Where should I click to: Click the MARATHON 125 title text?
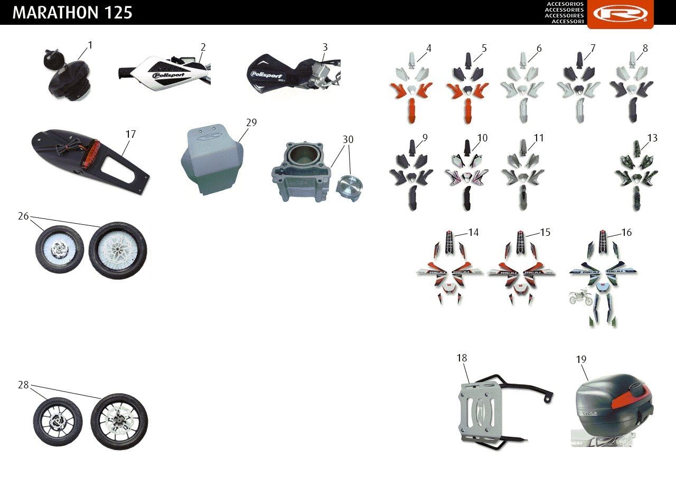click(x=72, y=13)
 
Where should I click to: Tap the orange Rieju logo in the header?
click(x=621, y=14)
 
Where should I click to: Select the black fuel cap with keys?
click(x=67, y=75)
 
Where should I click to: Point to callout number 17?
click(x=130, y=134)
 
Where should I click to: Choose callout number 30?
click(x=348, y=139)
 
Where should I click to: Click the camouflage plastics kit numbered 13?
click(x=636, y=175)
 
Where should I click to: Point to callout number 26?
click(x=23, y=216)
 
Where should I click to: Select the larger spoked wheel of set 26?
click(x=118, y=251)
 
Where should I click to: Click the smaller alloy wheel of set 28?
click(x=58, y=422)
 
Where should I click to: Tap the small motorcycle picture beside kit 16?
click(x=580, y=297)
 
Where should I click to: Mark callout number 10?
click(x=482, y=138)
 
